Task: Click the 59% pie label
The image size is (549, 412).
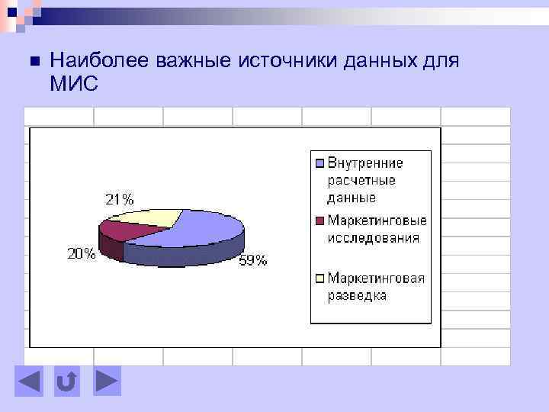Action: coord(254,260)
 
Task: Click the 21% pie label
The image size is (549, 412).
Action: coord(119,199)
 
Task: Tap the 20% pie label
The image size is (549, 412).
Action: coord(82,254)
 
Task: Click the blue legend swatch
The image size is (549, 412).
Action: coord(320,163)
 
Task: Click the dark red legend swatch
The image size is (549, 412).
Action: coord(320,221)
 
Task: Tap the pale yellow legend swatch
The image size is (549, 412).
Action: coord(320,278)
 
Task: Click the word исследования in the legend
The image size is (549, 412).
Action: coord(374,237)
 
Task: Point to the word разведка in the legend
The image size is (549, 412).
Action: coord(357,295)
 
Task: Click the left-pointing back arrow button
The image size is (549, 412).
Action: coord(30,381)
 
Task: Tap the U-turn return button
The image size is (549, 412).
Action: coord(67,381)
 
